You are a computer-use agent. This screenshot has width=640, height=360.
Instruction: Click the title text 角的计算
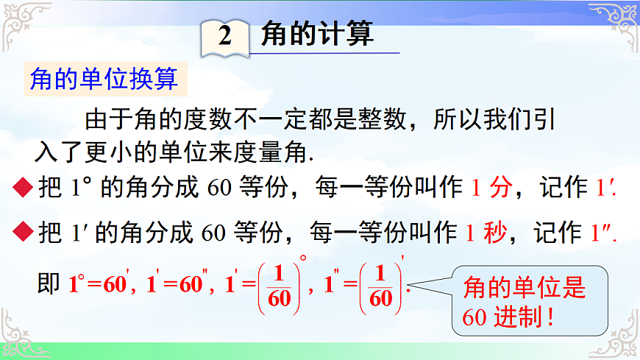coord(317,34)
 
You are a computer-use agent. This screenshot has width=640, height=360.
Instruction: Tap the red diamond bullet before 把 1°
coord(22,190)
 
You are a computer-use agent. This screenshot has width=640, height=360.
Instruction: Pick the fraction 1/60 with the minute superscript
coord(380,286)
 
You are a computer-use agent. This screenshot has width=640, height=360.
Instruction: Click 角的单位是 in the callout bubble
coord(525,289)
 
